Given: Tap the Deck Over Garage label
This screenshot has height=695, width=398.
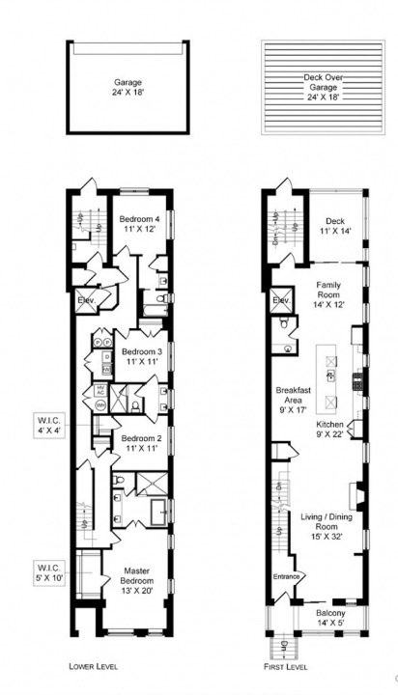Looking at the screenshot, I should click(x=317, y=86).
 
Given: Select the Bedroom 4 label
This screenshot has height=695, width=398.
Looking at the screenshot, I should click(x=140, y=225).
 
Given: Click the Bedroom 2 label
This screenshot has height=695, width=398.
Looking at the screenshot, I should click(x=140, y=443).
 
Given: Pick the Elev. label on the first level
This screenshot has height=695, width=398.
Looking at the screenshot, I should click(x=282, y=301).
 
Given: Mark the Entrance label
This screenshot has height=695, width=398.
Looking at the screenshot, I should click(x=287, y=577).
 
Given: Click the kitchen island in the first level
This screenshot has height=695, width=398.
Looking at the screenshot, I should click(x=331, y=375).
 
